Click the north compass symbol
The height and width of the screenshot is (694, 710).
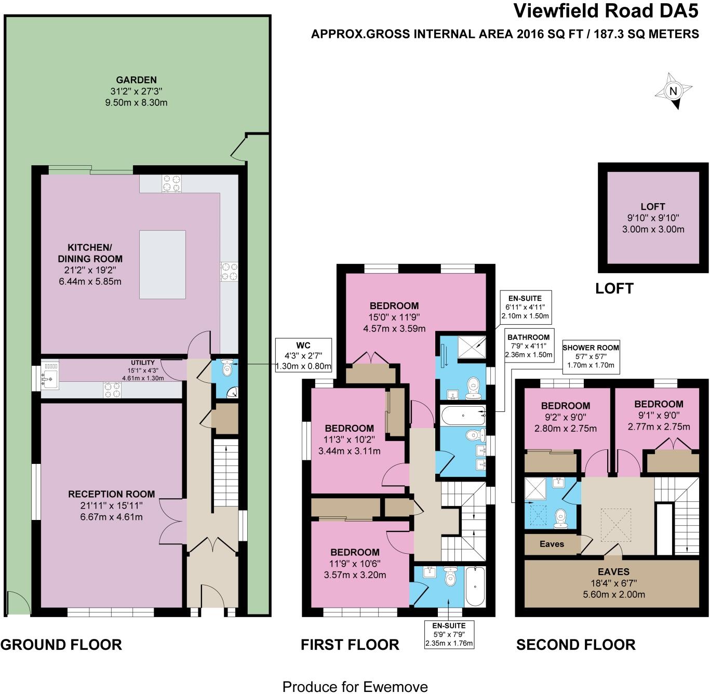pos(674,92)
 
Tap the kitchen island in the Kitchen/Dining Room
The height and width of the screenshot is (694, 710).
pos(163,264)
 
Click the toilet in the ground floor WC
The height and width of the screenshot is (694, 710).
pos(226,368)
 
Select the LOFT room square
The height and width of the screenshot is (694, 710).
pos(653,218)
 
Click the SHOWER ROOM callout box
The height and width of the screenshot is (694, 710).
pos(591,356)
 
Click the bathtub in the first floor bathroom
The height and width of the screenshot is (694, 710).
pos(463,415)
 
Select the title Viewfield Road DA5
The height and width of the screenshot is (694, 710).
pos(606,11)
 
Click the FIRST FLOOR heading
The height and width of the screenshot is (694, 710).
pos(350,645)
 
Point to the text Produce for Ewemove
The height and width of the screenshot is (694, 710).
pos(355,687)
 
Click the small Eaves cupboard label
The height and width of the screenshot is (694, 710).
pos(552,544)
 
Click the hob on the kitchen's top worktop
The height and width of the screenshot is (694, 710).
pos(172,183)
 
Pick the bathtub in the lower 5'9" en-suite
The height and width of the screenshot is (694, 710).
pos(475,586)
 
